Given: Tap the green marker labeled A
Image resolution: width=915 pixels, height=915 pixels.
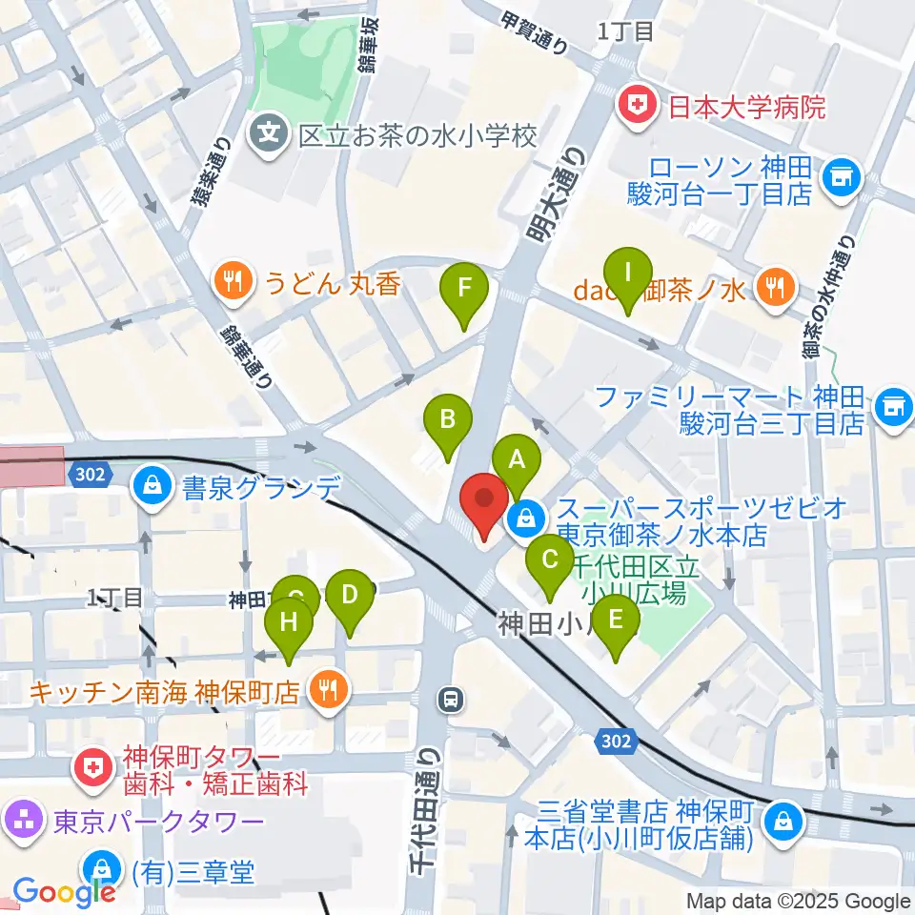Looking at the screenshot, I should click(x=517, y=461).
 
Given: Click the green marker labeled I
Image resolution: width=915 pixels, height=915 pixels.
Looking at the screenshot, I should click(x=627, y=274).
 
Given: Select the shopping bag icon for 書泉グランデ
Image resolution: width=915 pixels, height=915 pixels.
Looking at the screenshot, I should click(x=152, y=487).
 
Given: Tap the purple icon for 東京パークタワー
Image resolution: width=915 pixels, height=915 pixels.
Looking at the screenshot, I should click(x=20, y=818).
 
